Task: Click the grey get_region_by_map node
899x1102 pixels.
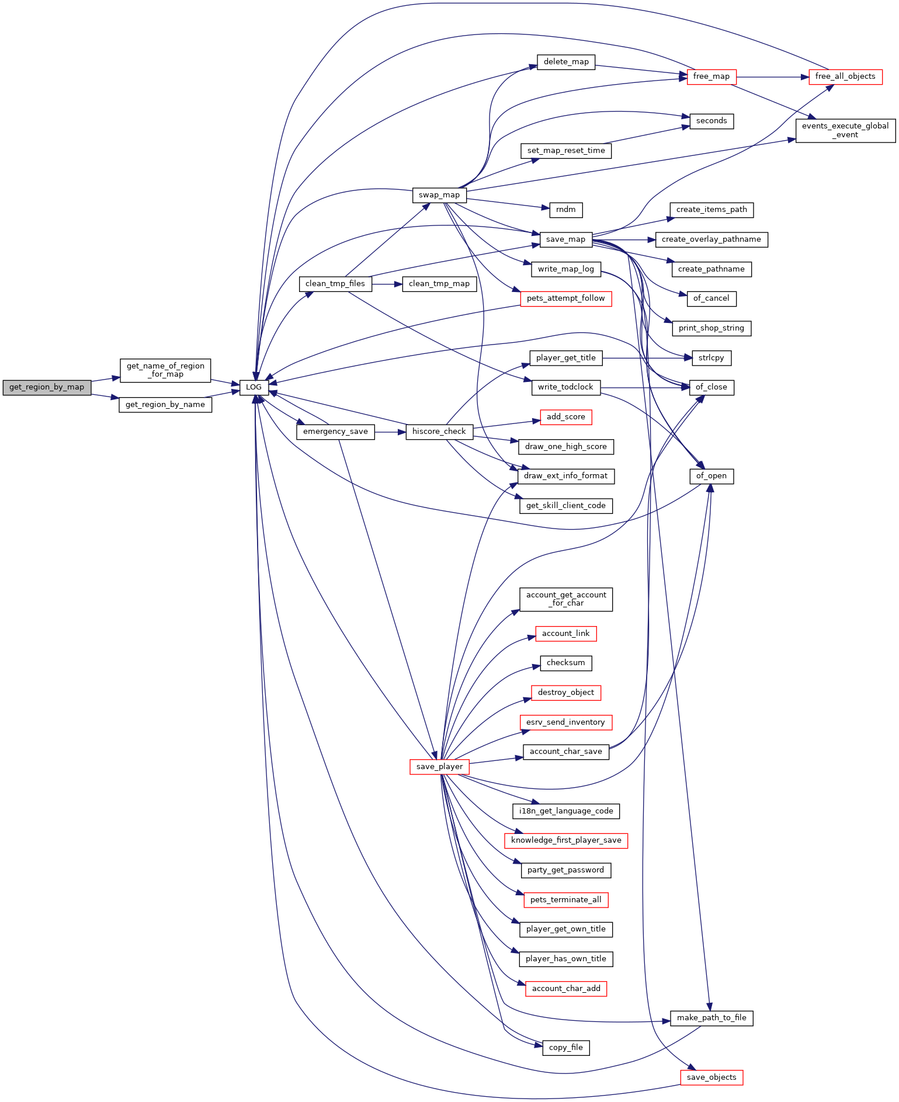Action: tap(47, 387)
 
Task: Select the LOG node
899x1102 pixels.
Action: tap(254, 387)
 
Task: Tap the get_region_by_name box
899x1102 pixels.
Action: tap(165, 405)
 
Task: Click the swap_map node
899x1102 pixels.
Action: tap(439, 195)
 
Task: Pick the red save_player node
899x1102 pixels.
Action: tap(439, 767)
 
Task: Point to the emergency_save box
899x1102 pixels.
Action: tap(335, 432)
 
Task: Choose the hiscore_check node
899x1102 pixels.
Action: tap(439, 432)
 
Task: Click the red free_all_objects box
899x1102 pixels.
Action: tap(845, 77)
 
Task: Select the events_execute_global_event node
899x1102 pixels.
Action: tap(845, 130)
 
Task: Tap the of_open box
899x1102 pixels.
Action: tap(711, 476)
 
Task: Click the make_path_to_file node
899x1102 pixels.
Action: tap(711, 1018)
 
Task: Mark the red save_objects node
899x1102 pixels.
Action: tap(711, 1077)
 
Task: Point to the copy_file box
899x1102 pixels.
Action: tap(566, 1048)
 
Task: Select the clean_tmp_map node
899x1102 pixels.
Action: tap(439, 284)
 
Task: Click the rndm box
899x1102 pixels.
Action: tap(566, 210)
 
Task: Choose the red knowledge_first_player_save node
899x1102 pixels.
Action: tap(566, 840)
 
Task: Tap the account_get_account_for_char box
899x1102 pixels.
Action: tap(566, 599)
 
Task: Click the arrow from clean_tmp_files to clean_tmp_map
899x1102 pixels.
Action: tap(387, 284)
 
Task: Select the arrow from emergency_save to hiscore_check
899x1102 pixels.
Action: tap(390, 432)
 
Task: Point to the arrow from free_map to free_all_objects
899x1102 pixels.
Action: tap(773, 77)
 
